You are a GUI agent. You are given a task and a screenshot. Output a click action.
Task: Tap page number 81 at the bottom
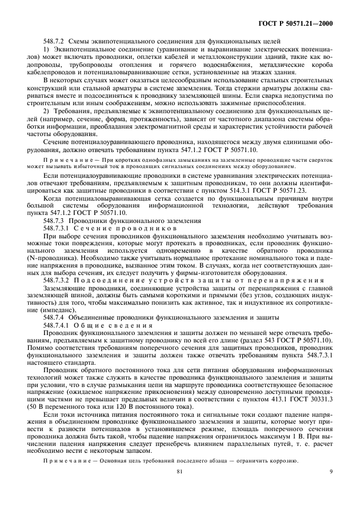[x=179, y=504]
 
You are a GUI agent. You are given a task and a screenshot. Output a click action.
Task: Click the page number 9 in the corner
[x=331, y=504]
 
